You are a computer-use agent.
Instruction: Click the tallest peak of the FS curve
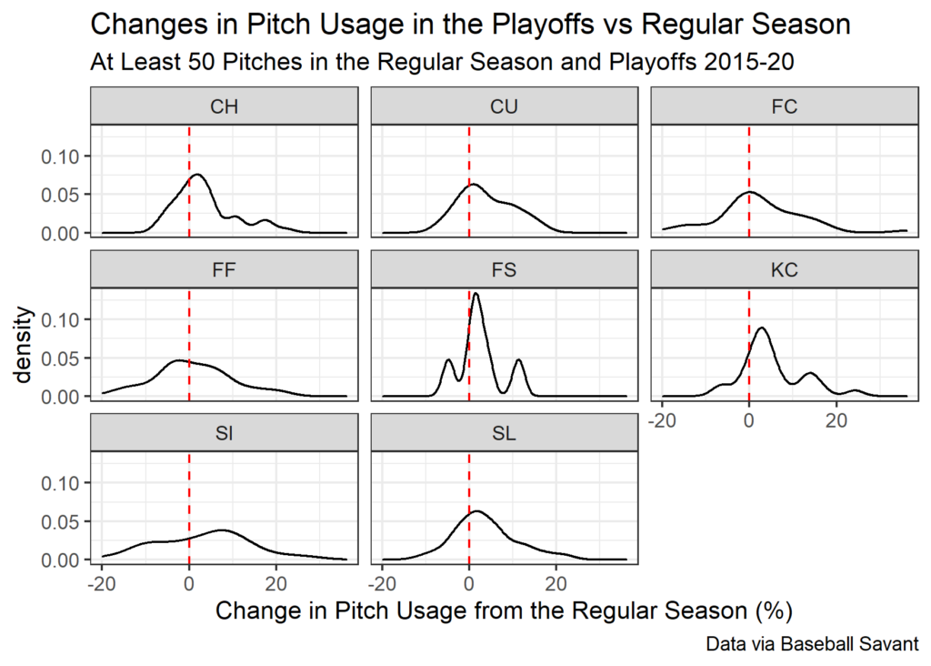pyautogui.click(x=476, y=294)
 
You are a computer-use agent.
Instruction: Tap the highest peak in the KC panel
pyautogui.click(x=762, y=328)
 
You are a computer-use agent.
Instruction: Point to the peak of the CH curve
pyautogui.click(x=196, y=175)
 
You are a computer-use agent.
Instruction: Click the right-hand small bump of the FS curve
pyautogui.click(x=519, y=360)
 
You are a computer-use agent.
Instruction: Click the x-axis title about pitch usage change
pyautogui.click(x=498, y=610)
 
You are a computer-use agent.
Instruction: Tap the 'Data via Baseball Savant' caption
pyautogui.click(x=811, y=644)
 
